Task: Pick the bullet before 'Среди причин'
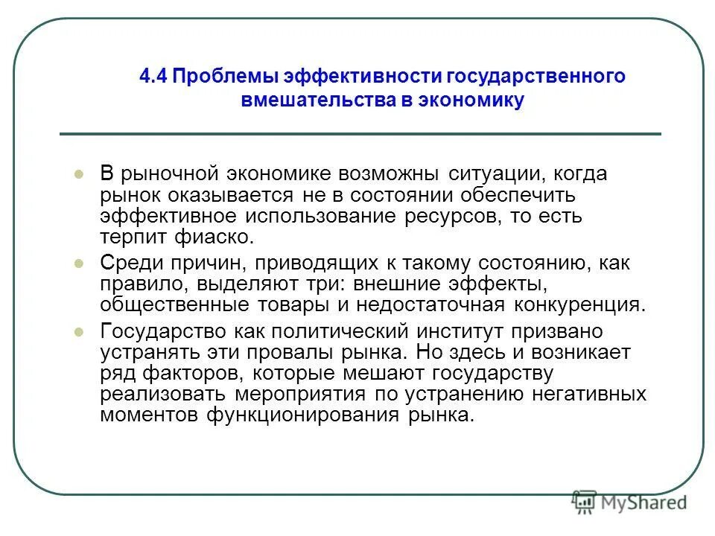tap(80, 264)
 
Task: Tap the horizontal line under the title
tap(360, 134)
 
